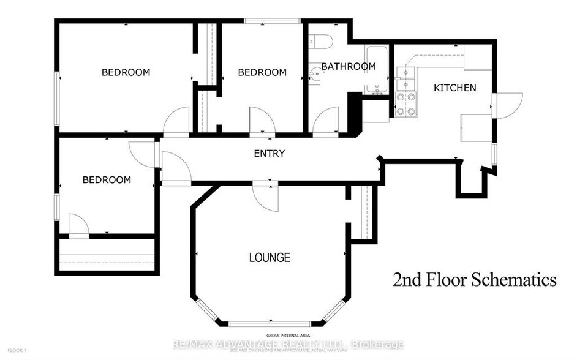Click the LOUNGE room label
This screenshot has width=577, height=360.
click(269, 257)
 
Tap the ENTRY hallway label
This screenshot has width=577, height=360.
click(269, 153)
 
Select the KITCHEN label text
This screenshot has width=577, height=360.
click(454, 88)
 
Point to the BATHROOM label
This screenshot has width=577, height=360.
click(348, 66)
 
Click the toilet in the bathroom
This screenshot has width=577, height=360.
click(321, 41)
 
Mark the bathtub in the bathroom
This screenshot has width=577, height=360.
click(376, 70)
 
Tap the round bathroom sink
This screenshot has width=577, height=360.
click(315, 74)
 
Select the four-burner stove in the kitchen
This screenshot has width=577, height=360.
click(405, 104)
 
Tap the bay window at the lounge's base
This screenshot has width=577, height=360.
click(270, 323)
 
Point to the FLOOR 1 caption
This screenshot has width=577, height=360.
click(17, 350)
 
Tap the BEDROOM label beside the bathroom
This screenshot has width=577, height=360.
click(262, 72)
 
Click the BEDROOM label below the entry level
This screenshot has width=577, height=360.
click(107, 180)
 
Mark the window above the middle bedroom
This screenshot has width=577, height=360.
click(272, 21)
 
